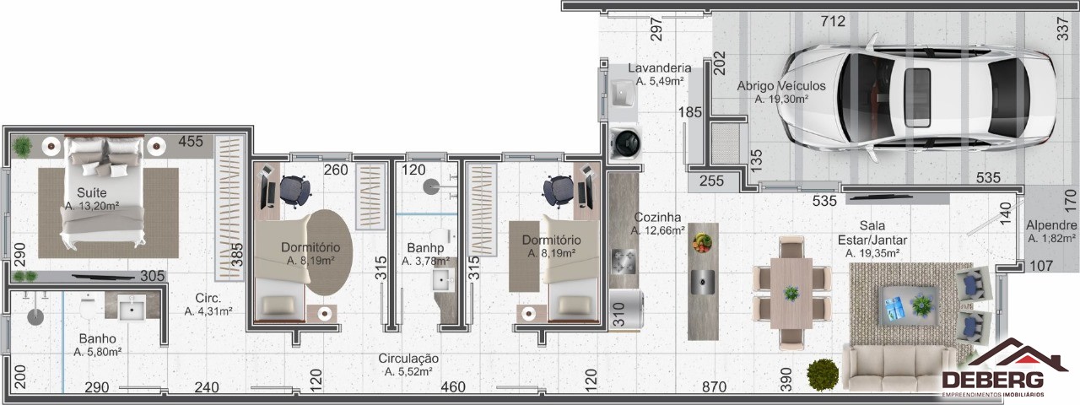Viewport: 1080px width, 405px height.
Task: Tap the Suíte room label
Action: [92, 193]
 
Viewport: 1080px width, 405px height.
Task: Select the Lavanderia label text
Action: [659, 68]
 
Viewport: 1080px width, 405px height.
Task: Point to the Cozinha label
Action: [657, 217]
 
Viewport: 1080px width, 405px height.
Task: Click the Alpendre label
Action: [1051, 225]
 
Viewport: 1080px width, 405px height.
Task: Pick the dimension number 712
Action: [833, 21]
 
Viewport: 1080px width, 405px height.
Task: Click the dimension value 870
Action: [714, 386]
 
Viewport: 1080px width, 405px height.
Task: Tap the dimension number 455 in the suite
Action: [191, 141]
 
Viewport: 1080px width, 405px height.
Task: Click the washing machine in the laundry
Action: [625, 143]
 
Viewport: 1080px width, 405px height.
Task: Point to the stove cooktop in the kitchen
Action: [624, 262]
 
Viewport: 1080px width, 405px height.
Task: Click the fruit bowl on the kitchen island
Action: [702, 242]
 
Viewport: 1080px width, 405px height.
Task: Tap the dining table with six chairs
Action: [791, 293]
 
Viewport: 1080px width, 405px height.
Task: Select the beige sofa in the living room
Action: [899, 369]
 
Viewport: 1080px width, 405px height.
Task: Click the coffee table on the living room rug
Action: [909, 305]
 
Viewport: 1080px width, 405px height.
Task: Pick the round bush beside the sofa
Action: [823, 375]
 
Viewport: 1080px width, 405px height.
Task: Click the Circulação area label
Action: [408, 359]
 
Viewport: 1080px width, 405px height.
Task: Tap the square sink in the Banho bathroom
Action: [132, 307]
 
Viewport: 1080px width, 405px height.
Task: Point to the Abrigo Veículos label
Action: [781, 86]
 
